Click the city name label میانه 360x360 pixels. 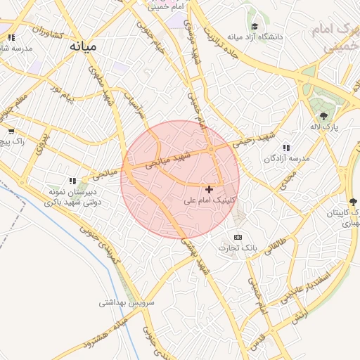(x=83, y=46)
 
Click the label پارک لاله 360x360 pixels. (x=326, y=127)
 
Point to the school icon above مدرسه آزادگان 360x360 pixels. (x=285, y=148)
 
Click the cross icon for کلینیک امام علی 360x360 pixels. (x=209, y=189)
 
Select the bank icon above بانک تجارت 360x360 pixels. (x=238, y=237)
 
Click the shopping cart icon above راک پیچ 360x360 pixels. (x=11, y=131)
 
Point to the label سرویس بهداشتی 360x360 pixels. (x=126, y=303)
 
